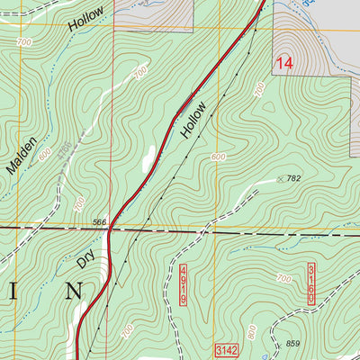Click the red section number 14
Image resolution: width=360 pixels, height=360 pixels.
[x=284, y=64]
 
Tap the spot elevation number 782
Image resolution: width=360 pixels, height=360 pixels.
[x=293, y=179]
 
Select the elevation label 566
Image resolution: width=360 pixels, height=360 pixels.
[x=99, y=221]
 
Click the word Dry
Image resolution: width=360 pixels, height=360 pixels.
[x=85, y=258]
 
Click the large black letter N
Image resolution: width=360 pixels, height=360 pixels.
[x=76, y=291]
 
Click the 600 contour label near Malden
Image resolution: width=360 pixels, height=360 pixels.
[x=45, y=155]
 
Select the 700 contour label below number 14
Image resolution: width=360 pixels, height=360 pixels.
[x=259, y=89]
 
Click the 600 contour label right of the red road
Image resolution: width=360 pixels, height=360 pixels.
[x=219, y=157]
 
